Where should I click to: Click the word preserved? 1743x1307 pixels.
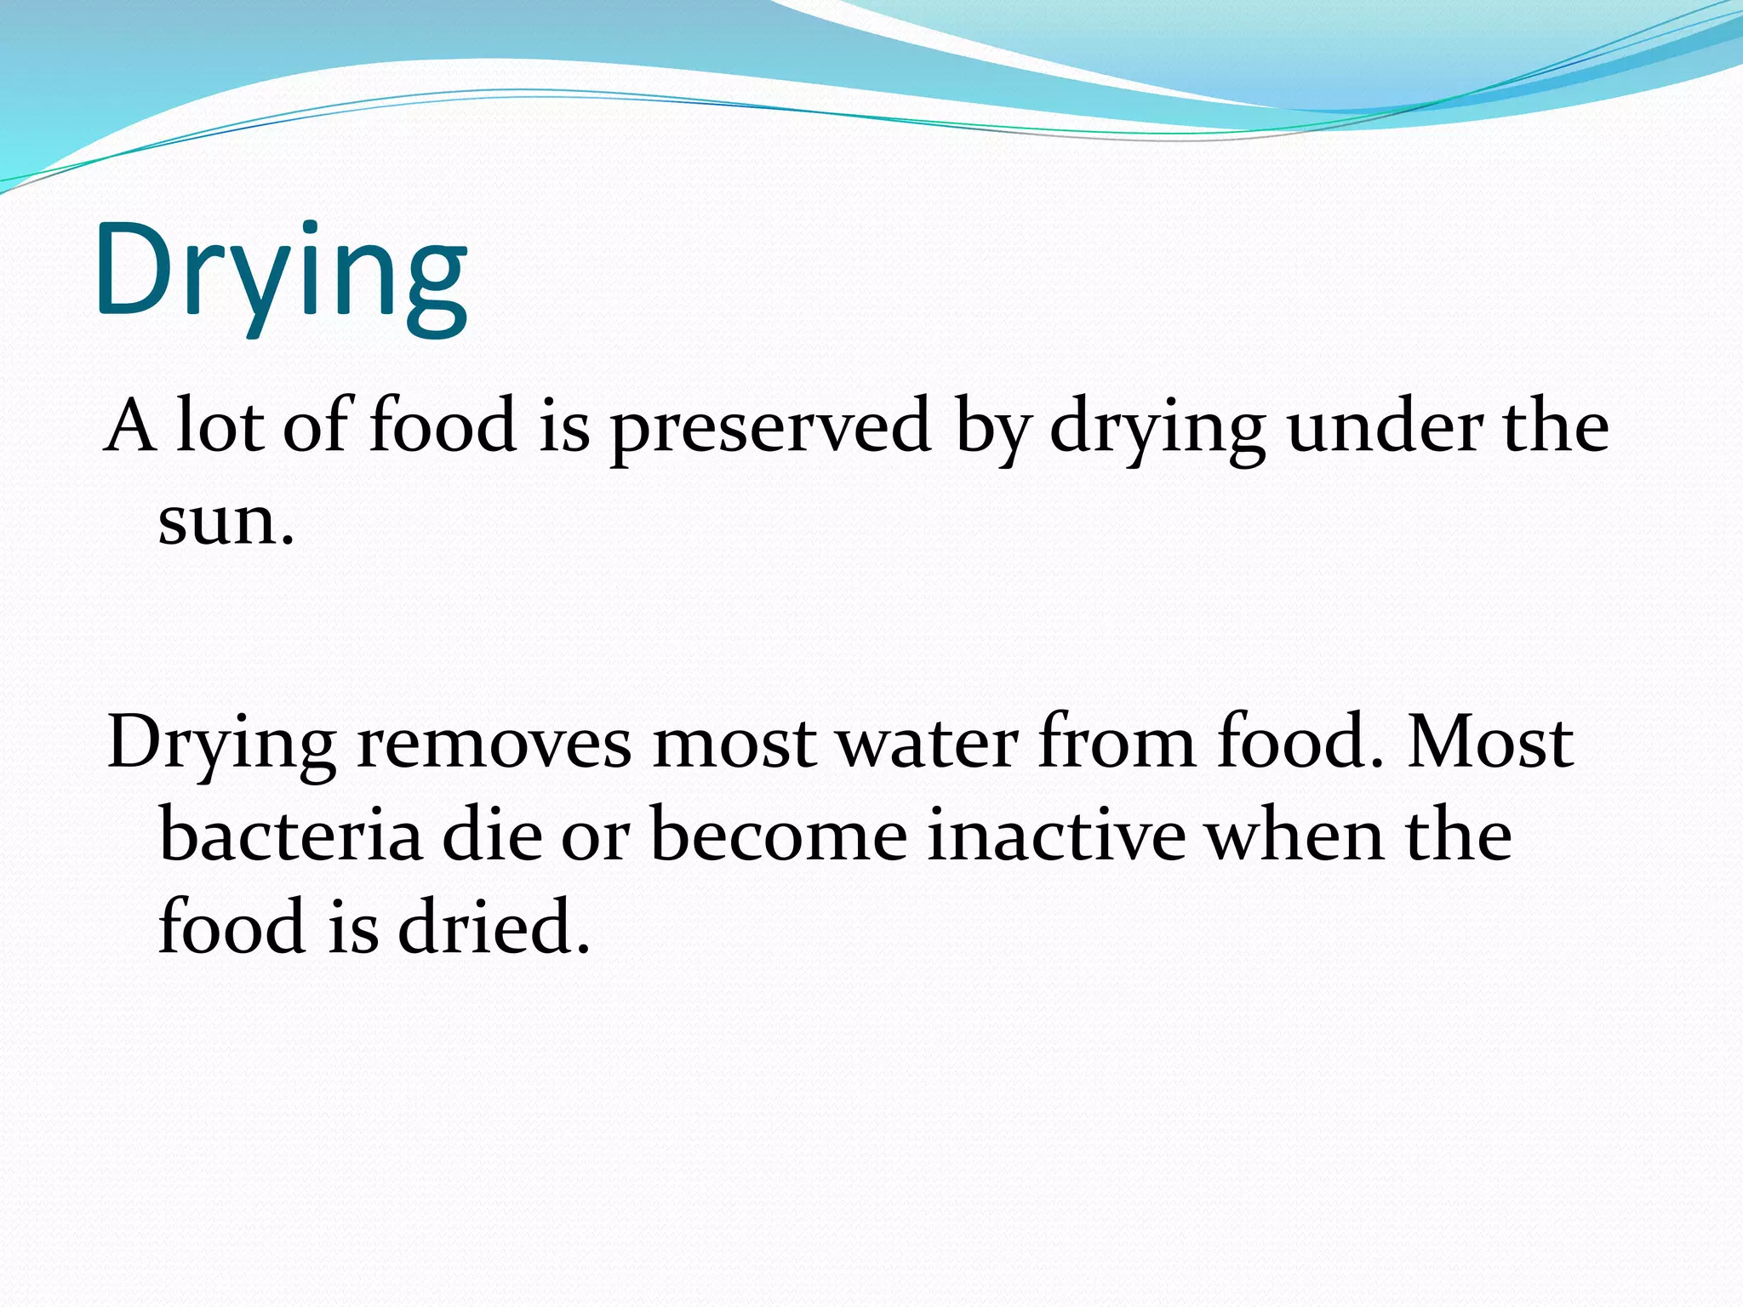(770, 427)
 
